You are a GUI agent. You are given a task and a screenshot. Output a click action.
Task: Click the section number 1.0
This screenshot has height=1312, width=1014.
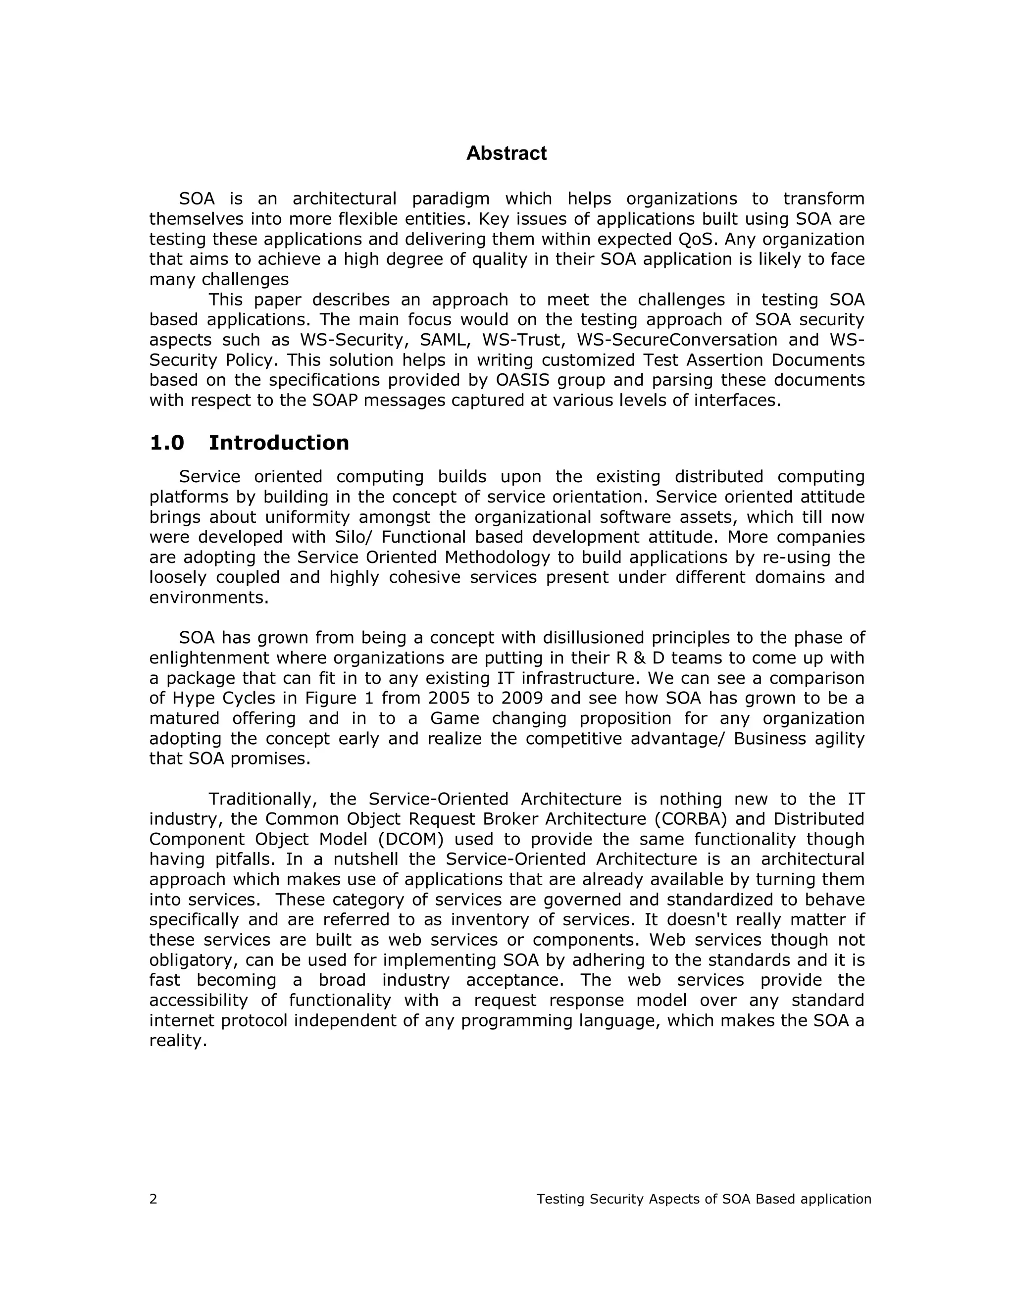coord(166,443)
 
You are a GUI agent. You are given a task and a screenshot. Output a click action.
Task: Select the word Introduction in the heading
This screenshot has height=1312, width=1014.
coord(278,443)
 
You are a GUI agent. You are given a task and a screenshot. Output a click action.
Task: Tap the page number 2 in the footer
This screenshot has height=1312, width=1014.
coord(153,1199)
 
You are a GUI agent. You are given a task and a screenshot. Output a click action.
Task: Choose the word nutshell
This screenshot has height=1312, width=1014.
coord(363,859)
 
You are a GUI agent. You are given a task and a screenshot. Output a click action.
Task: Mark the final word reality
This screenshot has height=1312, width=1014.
coord(178,1041)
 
